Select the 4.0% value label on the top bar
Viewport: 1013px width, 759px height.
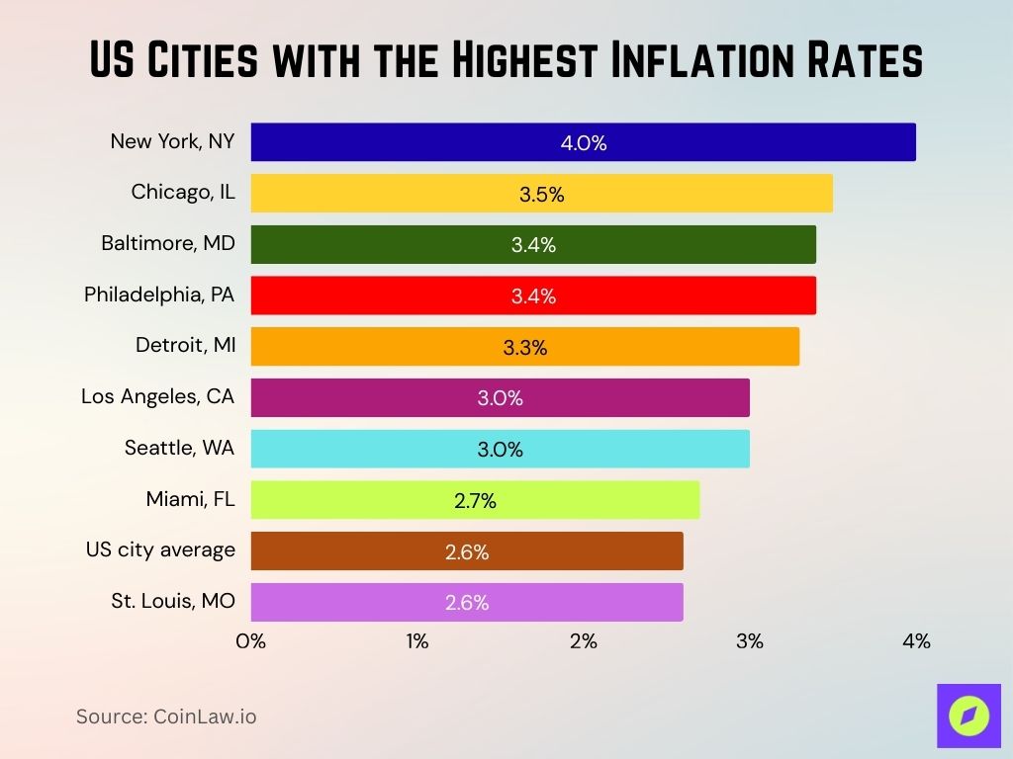click(x=584, y=143)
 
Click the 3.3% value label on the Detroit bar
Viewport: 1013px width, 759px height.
click(x=525, y=348)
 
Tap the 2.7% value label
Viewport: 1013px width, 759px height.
click(x=475, y=501)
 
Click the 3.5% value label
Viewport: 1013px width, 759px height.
click(x=541, y=195)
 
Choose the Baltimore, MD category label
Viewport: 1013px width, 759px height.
click(x=168, y=243)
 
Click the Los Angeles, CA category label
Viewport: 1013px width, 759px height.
click(x=158, y=397)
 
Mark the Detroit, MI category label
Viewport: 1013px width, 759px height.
click(x=185, y=346)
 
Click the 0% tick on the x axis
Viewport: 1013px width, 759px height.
click(x=251, y=641)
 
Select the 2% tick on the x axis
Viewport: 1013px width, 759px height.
click(x=584, y=641)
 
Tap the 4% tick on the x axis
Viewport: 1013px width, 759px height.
click(x=916, y=641)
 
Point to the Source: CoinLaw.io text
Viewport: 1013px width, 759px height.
click(x=166, y=717)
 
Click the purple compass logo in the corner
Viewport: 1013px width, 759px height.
click(x=968, y=715)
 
